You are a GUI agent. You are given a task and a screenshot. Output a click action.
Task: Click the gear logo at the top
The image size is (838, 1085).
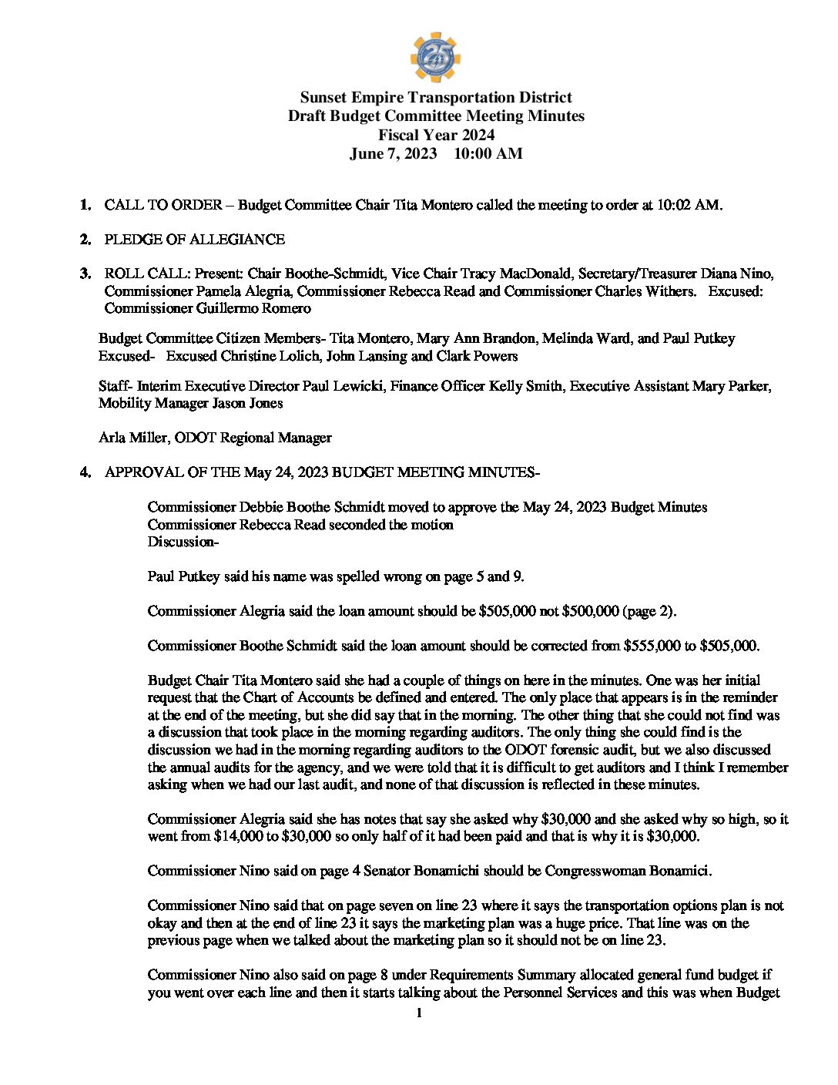(x=435, y=57)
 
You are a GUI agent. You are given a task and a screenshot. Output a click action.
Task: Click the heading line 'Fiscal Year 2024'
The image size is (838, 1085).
(x=436, y=135)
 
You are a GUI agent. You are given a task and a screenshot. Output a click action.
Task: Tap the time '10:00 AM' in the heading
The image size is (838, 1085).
(x=488, y=153)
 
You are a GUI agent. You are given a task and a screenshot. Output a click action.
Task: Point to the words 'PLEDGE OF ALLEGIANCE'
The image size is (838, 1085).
(x=194, y=240)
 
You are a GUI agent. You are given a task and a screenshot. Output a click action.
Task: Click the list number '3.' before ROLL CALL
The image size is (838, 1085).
(x=85, y=274)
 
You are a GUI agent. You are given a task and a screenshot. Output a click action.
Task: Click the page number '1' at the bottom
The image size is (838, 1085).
(x=419, y=1013)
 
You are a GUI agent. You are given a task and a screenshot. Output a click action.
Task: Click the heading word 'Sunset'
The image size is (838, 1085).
(x=323, y=98)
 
